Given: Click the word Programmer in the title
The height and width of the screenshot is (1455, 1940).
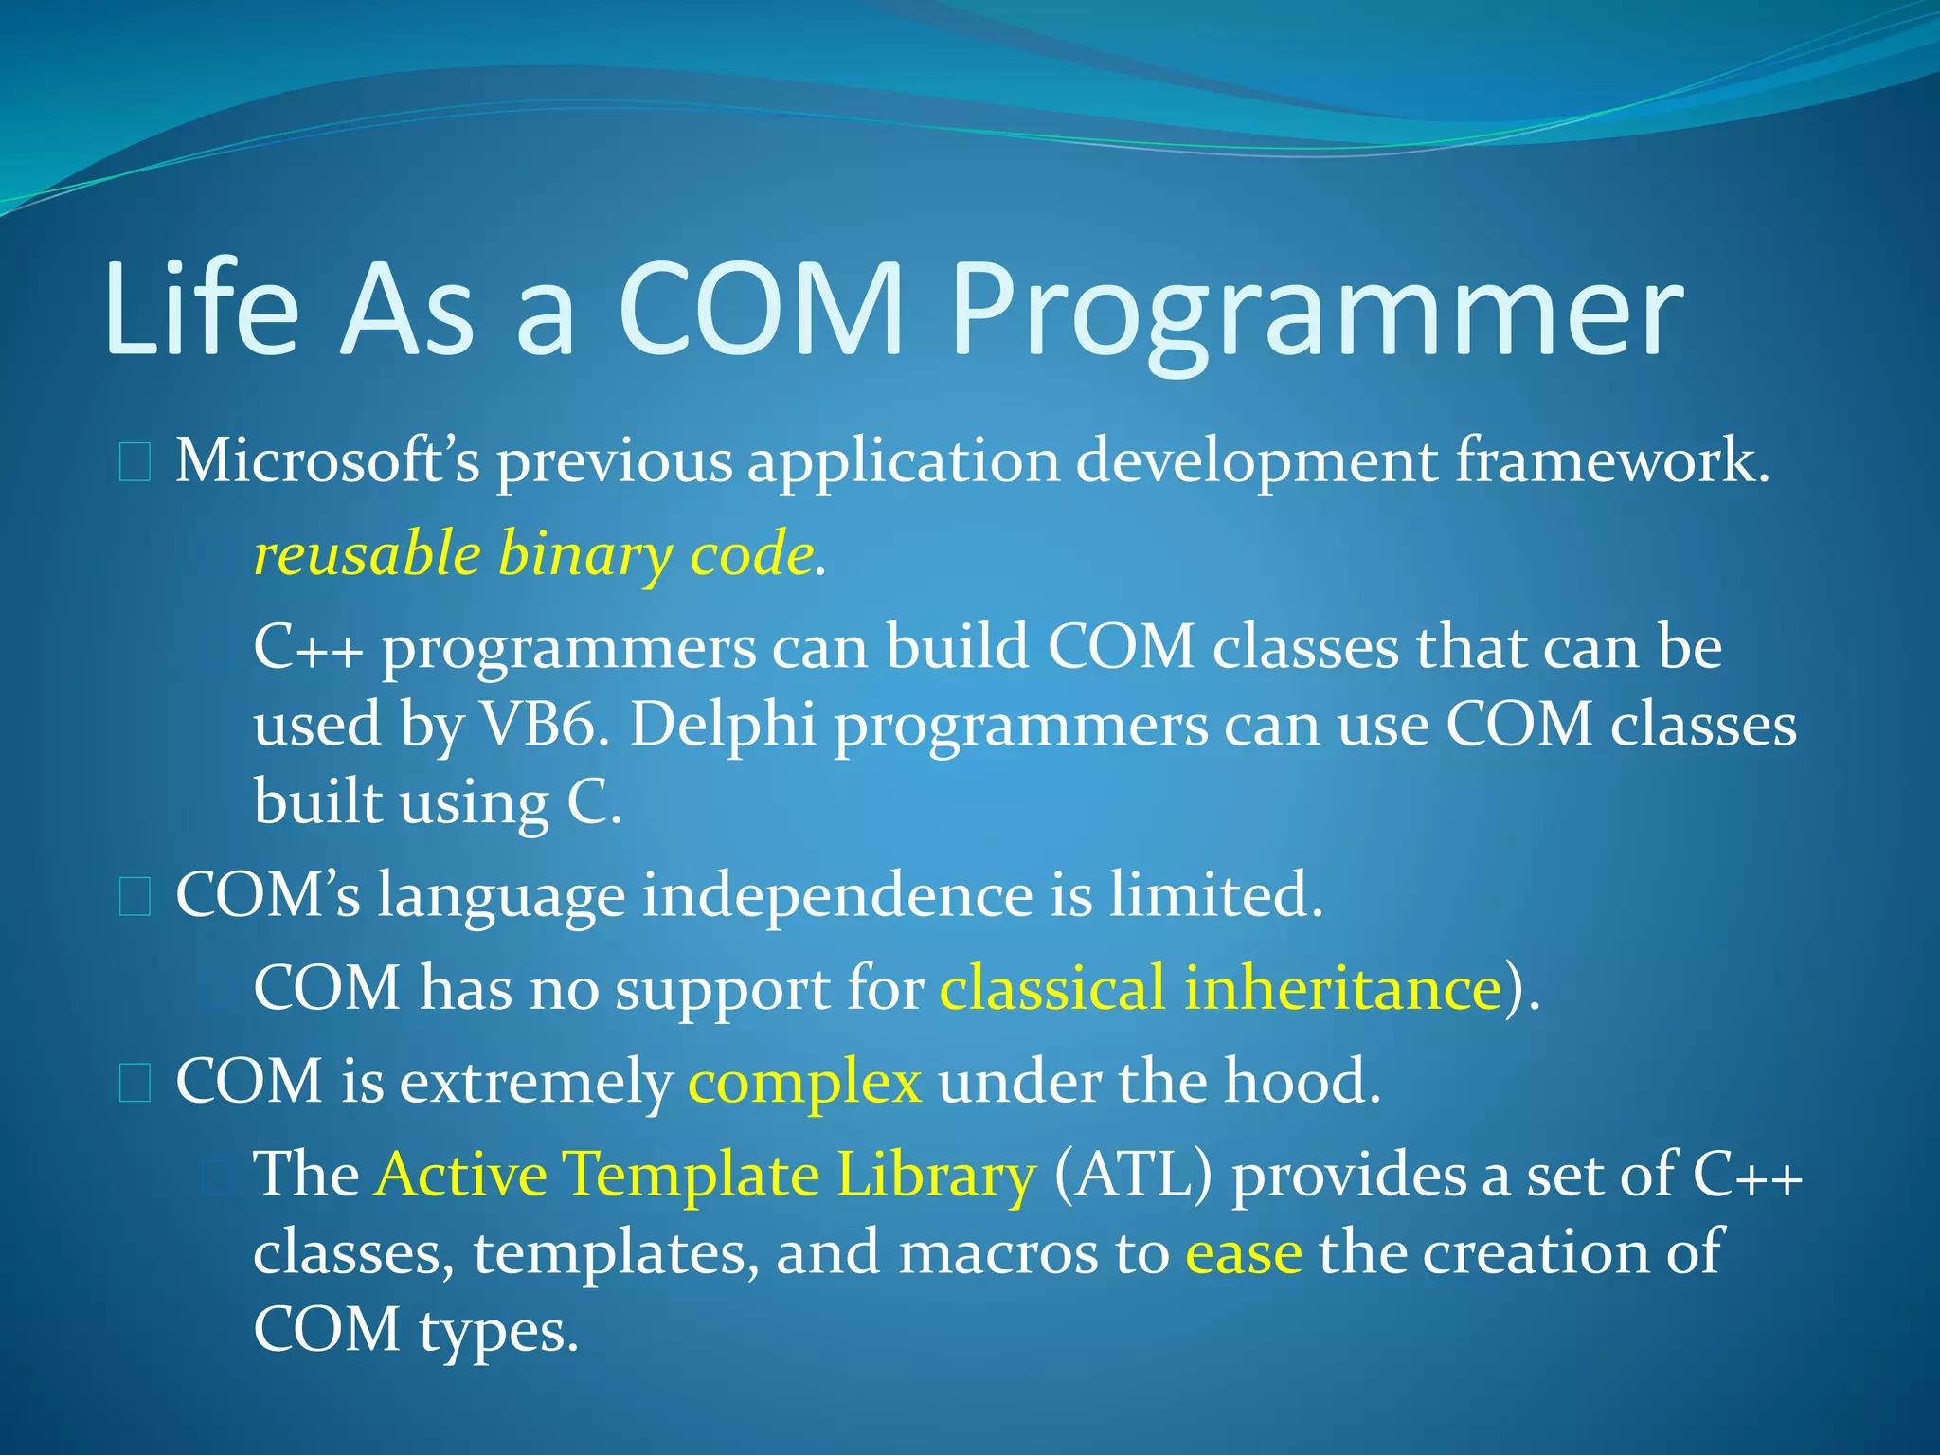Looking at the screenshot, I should (1317, 313).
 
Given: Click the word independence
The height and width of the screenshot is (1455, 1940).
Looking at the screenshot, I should (837, 894).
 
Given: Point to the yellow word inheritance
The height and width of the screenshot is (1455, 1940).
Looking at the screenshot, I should (1343, 988).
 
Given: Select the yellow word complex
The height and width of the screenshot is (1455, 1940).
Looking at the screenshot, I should (804, 1083).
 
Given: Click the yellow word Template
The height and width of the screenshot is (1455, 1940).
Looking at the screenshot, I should (692, 1176).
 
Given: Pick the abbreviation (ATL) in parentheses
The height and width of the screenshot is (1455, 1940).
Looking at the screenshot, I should (1132, 1176).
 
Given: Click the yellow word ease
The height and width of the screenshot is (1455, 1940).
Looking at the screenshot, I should (1244, 1252).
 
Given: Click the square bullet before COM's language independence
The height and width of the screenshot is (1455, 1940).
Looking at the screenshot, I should (135, 896).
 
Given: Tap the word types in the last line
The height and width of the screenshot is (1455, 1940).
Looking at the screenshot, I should (496, 1332).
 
